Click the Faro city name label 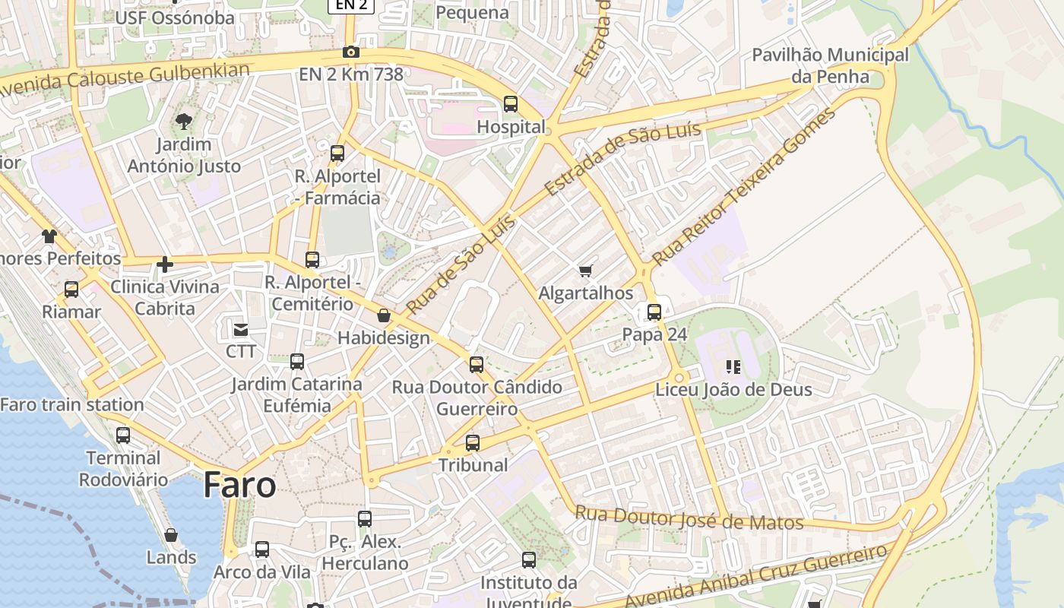pyautogui.click(x=239, y=485)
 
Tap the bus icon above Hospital pyautogui.click(x=511, y=104)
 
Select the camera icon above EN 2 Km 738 pyautogui.click(x=350, y=52)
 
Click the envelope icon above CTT pyautogui.click(x=241, y=330)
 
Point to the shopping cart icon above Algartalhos pyautogui.click(x=585, y=271)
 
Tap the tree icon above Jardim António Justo pyautogui.click(x=183, y=121)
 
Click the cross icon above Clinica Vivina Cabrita pyautogui.click(x=164, y=264)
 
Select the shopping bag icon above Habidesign pyautogui.click(x=384, y=315)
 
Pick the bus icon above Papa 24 pyautogui.click(x=654, y=312)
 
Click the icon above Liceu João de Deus pyautogui.click(x=733, y=367)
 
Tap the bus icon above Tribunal pyautogui.click(x=473, y=442)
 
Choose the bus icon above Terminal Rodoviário pyautogui.click(x=123, y=435)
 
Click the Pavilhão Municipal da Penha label pyautogui.click(x=830, y=65)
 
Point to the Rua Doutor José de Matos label pyautogui.click(x=689, y=518)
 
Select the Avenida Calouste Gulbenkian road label pyautogui.click(x=125, y=79)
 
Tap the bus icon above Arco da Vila pyautogui.click(x=262, y=549)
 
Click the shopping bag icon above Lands pyautogui.click(x=171, y=535)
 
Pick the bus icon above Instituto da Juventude pyautogui.click(x=529, y=560)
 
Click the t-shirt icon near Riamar pyautogui.click(x=49, y=236)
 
